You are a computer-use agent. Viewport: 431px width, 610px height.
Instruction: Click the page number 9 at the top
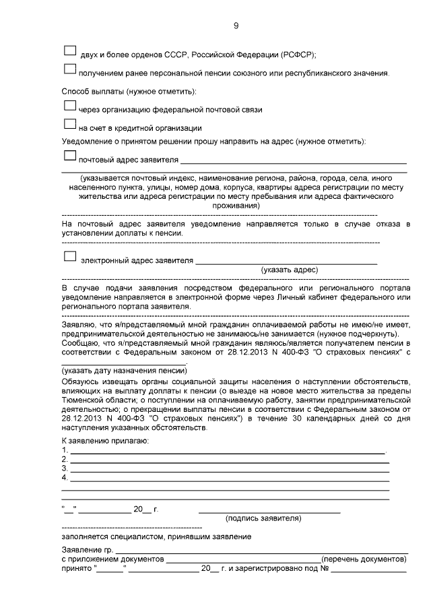(236, 26)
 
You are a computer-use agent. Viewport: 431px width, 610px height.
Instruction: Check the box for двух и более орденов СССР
(69, 51)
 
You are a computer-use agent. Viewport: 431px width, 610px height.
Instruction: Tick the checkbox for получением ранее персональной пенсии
(69, 69)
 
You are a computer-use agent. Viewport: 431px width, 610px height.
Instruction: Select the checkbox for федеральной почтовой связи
(69, 105)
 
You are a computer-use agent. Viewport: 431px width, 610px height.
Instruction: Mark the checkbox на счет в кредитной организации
(69, 123)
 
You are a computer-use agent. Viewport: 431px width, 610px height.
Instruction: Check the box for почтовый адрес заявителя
(69, 156)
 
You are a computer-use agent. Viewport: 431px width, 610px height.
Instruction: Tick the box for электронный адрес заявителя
(69, 256)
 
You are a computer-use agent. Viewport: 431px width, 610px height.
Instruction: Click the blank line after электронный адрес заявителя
(286, 263)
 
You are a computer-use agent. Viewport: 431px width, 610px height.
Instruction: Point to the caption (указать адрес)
(290, 270)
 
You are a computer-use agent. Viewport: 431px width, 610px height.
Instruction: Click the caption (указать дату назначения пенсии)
(123, 371)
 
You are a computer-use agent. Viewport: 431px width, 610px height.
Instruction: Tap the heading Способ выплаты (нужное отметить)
(129, 90)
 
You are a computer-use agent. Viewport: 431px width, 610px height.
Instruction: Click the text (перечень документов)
(364, 559)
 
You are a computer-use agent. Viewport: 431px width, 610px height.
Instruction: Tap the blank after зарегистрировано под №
(368, 571)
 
